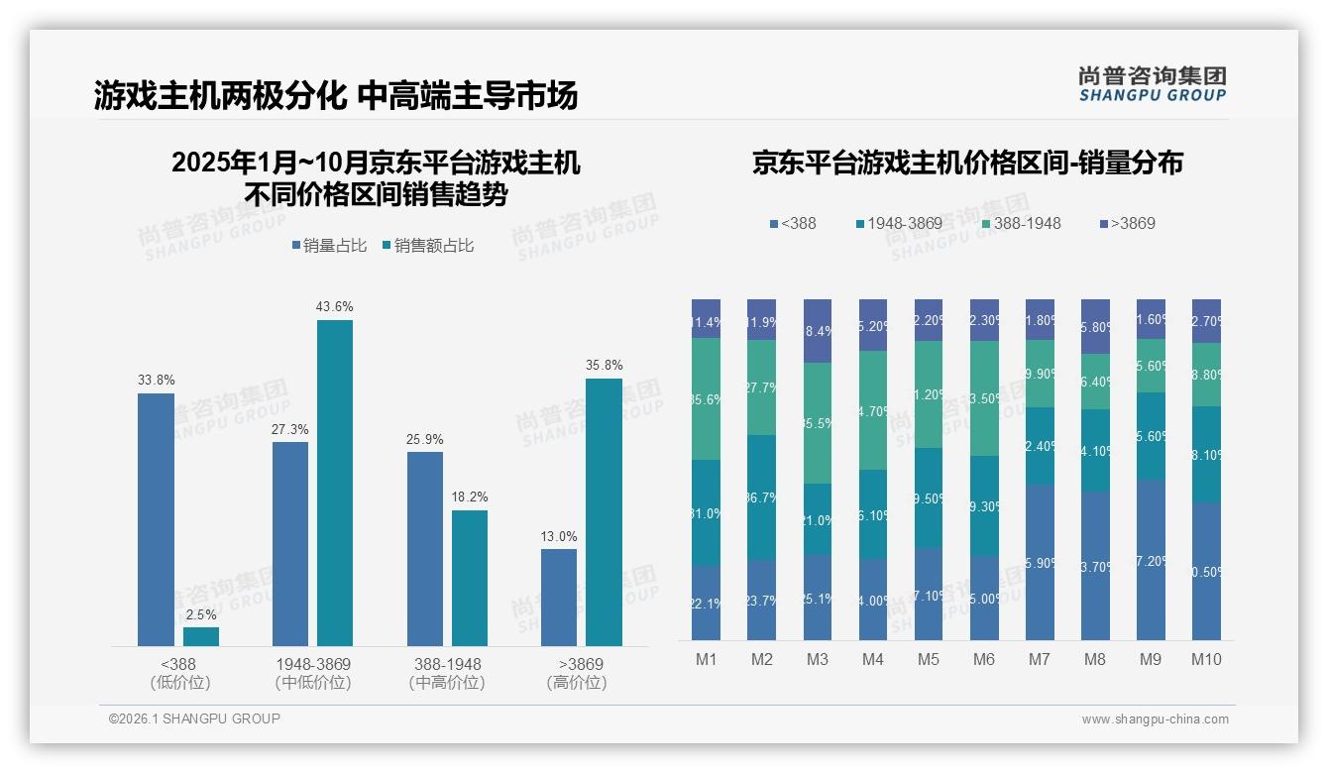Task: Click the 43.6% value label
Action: pyautogui.click(x=334, y=307)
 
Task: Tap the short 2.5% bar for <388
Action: pyautogui.click(x=201, y=636)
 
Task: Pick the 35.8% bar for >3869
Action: pyautogui.click(x=604, y=512)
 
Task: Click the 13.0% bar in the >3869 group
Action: pyautogui.click(x=559, y=597)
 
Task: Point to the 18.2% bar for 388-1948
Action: pyautogui.click(x=470, y=578)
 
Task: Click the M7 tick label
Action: pyautogui.click(x=1040, y=660)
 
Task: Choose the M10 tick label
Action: pyautogui.click(x=1206, y=660)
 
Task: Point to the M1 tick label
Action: pyautogui.click(x=707, y=660)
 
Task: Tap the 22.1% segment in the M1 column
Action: pyautogui.click(x=707, y=603)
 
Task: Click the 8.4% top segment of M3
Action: pyautogui.click(x=818, y=331)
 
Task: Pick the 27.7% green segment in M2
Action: pyautogui.click(x=762, y=387)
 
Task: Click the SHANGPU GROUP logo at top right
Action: pyautogui.click(x=1153, y=83)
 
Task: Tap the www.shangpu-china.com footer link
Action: pyautogui.click(x=1155, y=719)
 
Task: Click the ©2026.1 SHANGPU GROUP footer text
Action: pyautogui.click(x=194, y=718)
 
